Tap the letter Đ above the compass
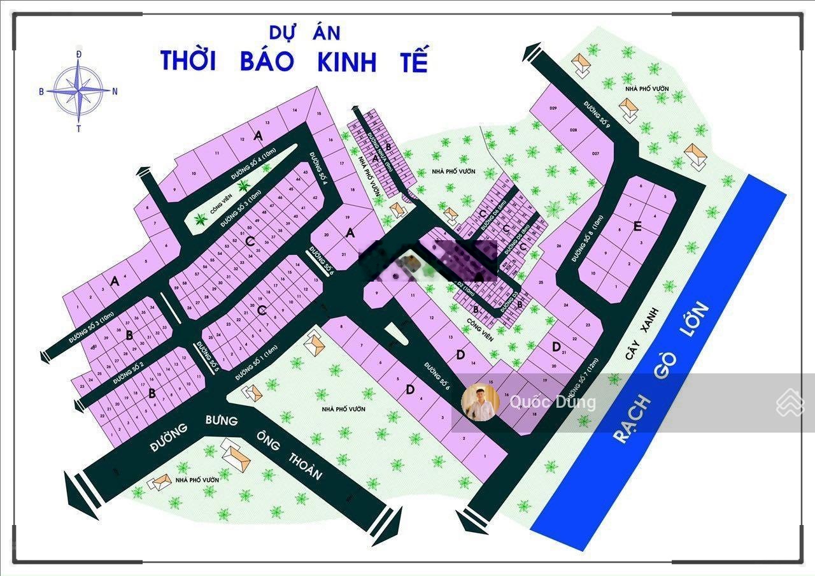click(x=78, y=55)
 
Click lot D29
click(x=553, y=109)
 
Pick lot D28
click(x=573, y=130)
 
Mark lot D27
click(x=596, y=154)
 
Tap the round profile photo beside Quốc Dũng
click(x=480, y=402)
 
